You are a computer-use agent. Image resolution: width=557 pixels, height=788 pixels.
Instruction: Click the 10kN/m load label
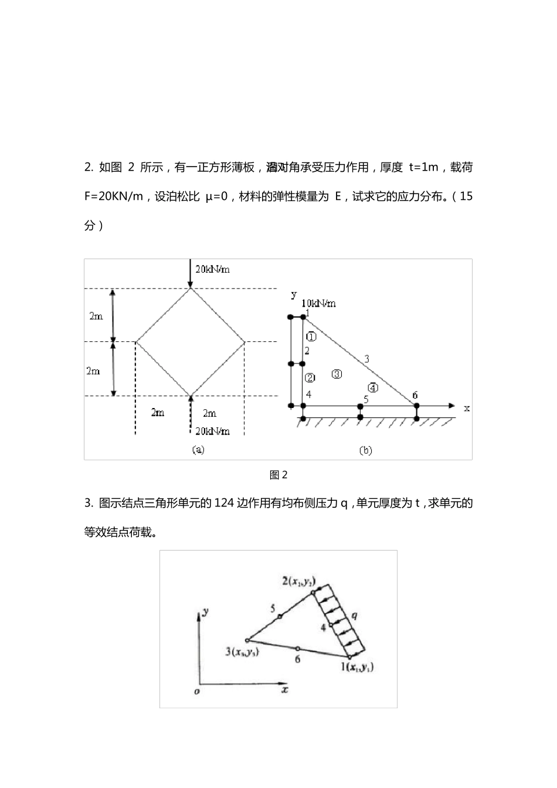click(319, 304)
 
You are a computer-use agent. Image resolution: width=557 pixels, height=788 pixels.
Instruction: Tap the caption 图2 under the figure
click(278, 475)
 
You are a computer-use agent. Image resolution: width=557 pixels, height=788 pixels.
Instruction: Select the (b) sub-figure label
click(365, 450)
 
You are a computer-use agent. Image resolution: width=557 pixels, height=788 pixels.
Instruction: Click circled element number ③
click(337, 374)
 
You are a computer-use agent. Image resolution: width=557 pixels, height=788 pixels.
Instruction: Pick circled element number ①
click(311, 337)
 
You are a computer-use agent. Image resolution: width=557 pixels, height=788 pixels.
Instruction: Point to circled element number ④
click(372, 387)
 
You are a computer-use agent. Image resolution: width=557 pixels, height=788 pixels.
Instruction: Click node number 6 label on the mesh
click(415, 395)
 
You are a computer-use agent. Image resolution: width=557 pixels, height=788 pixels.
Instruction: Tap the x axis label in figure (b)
click(467, 408)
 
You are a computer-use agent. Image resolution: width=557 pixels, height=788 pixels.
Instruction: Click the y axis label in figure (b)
click(294, 295)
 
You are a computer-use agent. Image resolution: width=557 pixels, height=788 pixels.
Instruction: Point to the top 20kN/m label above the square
click(212, 269)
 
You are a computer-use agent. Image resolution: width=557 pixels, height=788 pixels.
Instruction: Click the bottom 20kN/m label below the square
click(212, 431)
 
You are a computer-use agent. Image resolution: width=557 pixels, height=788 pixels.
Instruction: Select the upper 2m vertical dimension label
click(96, 316)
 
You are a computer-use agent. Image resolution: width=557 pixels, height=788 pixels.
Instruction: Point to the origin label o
click(197, 692)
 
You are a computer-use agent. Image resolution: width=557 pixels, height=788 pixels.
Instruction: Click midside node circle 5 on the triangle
click(280, 616)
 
